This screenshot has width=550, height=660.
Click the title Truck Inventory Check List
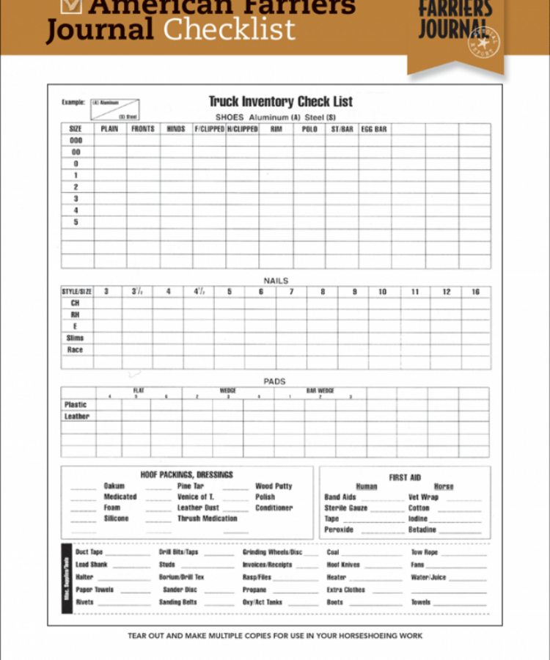pyautogui.click(x=280, y=102)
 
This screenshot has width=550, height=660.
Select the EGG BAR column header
pyautogui.click(x=373, y=129)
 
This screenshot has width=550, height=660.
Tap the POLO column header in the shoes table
pyautogui.click(x=309, y=129)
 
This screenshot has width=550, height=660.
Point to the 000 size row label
pyautogui.click(x=76, y=140)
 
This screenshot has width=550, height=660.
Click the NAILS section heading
pyautogui.click(x=276, y=281)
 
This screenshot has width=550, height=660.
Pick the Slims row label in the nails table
pyautogui.click(x=76, y=338)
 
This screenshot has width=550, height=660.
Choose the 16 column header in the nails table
pyautogui.click(x=475, y=292)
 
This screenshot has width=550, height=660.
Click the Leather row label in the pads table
pyautogui.click(x=76, y=417)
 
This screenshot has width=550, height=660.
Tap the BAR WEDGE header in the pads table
pyautogui.click(x=320, y=391)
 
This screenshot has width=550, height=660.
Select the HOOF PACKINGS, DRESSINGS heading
pyautogui.click(x=186, y=475)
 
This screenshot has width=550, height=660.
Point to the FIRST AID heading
pyautogui.click(x=405, y=477)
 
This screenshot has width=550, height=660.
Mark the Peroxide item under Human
pyautogui.click(x=339, y=529)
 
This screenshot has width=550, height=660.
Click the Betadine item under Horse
pyautogui.click(x=422, y=529)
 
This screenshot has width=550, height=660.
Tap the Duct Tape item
pyautogui.click(x=89, y=552)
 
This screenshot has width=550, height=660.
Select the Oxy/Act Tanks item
pyautogui.click(x=263, y=602)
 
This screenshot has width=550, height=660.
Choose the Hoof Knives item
pyautogui.click(x=343, y=565)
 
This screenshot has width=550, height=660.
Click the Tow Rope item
pyautogui.click(x=425, y=552)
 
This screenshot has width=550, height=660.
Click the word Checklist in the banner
pyautogui.click(x=230, y=29)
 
